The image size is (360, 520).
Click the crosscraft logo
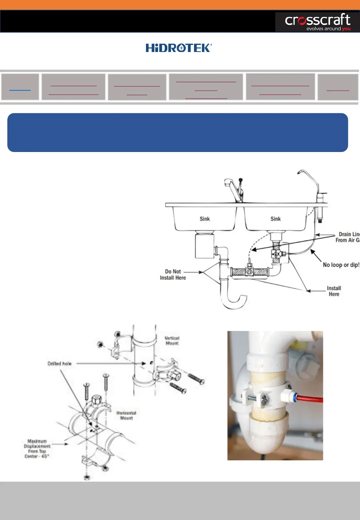pyautogui.click(x=317, y=22)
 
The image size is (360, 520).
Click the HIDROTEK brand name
pyautogui.click(x=179, y=48)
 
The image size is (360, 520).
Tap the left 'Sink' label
pyautogui.click(x=205, y=219)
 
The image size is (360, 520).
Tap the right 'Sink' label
pyautogui.click(x=275, y=219)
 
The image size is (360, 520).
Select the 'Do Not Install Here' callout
pyautogui.click(x=173, y=275)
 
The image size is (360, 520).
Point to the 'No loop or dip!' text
pyautogui.click(x=341, y=265)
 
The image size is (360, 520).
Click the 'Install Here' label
pyautogui.click(x=334, y=291)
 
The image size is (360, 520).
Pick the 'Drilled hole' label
pyautogui.click(x=59, y=364)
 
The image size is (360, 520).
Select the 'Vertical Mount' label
pyautogui.click(x=172, y=340)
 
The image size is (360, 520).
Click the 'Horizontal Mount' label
pyautogui.click(x=126, y=415)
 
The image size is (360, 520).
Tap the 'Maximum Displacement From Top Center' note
pyautogui.click(x=37, y=449)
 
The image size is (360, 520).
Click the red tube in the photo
pyautogui.click(x=310, y=399)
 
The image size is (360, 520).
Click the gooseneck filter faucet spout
pyautogui.click(x=308, y=177)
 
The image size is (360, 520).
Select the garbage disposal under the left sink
pyautogui.click(x=204, y=246)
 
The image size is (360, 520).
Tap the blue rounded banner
pyautogui.click(x=178, y=132)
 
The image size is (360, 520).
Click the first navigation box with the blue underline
pyautogui.click(x=20, y=87)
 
